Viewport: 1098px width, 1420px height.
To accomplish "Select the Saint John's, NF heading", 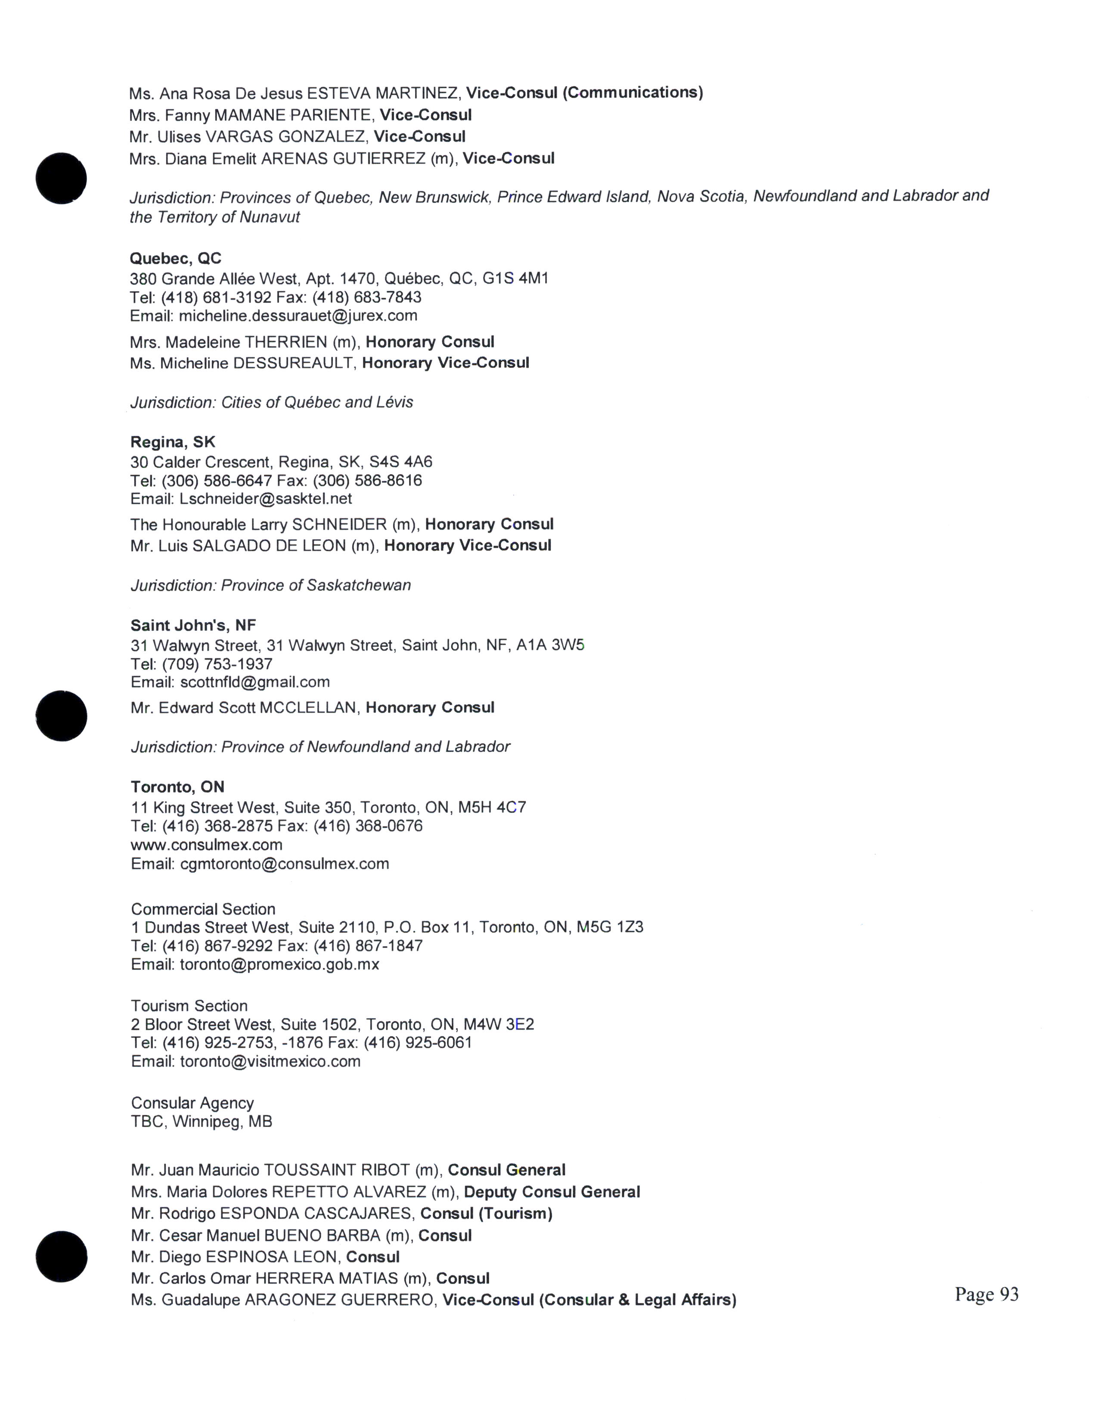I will point(193,626).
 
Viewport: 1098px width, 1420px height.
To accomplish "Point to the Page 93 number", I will point(986,1294).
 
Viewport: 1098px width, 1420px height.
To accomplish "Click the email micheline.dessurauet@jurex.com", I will point(298,316).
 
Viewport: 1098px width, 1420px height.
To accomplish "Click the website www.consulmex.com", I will point(206,845).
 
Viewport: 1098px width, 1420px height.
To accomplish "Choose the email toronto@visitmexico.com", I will point(270,1061).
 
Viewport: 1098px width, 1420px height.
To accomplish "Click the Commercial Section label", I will point(203,909).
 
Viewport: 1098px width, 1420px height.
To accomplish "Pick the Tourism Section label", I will point(189,1006).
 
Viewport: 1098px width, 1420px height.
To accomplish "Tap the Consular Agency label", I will point(192,1103).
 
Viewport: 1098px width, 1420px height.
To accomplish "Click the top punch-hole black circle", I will point(61,178).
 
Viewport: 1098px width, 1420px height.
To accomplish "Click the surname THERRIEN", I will point(285,342).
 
